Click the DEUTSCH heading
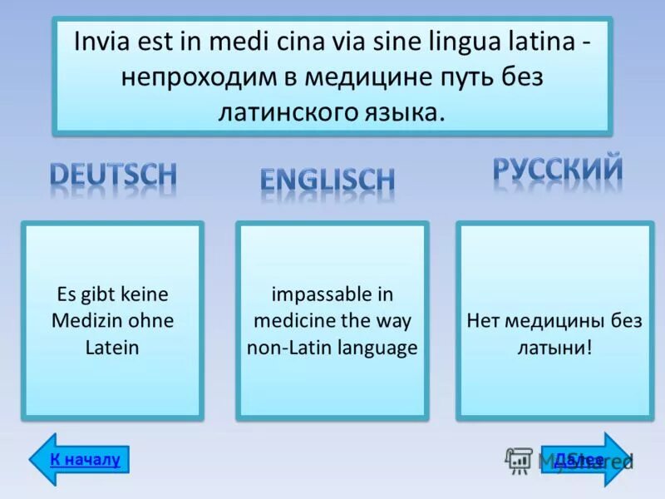tap(113, 175)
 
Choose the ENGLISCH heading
tap(328, 180)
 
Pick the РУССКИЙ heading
tap(558, 169)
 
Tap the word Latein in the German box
tap(111, 348)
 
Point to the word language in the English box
tap(377, 348)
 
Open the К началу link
tap(85, 459)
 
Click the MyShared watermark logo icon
tap(519, 460)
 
